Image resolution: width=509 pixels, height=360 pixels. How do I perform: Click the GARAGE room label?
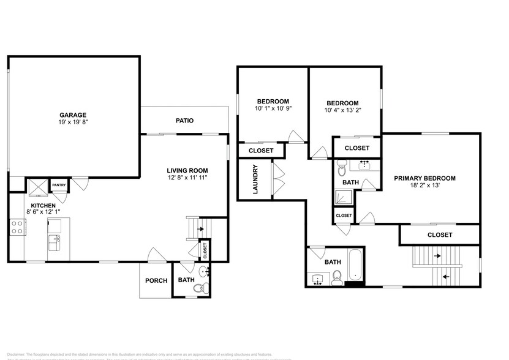coord(72,114)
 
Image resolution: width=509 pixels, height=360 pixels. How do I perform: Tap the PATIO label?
coord(184,121)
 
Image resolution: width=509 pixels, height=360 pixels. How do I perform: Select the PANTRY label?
coord(59,185)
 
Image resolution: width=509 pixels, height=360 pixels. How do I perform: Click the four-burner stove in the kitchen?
coord(17,228)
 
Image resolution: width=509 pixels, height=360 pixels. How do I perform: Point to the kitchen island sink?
coord(54,239)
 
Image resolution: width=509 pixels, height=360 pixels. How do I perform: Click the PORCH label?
coord(156,281)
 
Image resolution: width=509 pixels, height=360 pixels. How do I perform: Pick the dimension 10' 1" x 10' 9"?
coord(273,108)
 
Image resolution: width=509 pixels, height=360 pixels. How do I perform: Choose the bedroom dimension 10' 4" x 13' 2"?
coord(342,111)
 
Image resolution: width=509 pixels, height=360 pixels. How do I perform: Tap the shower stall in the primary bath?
coord(341,197)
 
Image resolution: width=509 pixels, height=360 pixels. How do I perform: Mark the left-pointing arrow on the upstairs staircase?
coord(445,276)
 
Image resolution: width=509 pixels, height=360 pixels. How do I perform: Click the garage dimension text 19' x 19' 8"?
coord(72,122)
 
